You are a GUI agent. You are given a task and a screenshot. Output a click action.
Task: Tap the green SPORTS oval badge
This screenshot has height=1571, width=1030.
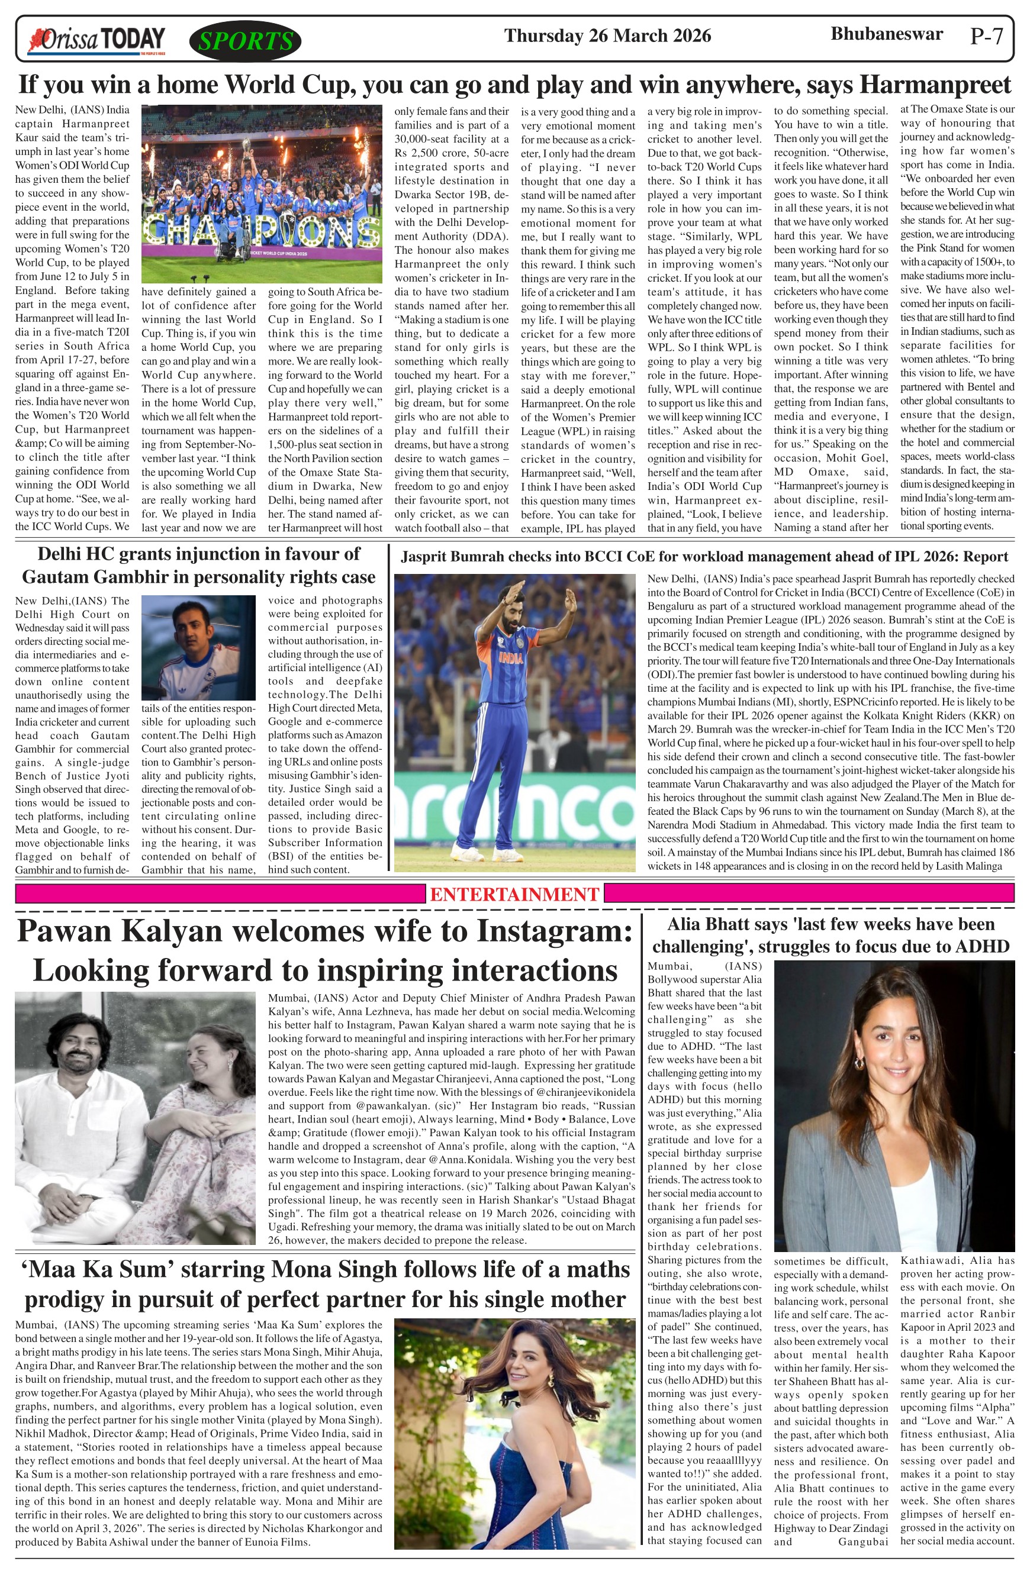(x=245, y=41)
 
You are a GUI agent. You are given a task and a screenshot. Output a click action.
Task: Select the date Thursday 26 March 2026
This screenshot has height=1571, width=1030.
(x=607, y=36)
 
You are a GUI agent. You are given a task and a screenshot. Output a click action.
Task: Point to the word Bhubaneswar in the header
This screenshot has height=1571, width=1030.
(x=886, y=34)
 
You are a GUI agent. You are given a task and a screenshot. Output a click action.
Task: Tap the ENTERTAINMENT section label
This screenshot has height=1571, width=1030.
(x=515, y=895)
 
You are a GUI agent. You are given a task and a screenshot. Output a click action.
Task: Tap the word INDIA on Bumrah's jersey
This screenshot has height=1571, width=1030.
(x=511, y=658)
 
